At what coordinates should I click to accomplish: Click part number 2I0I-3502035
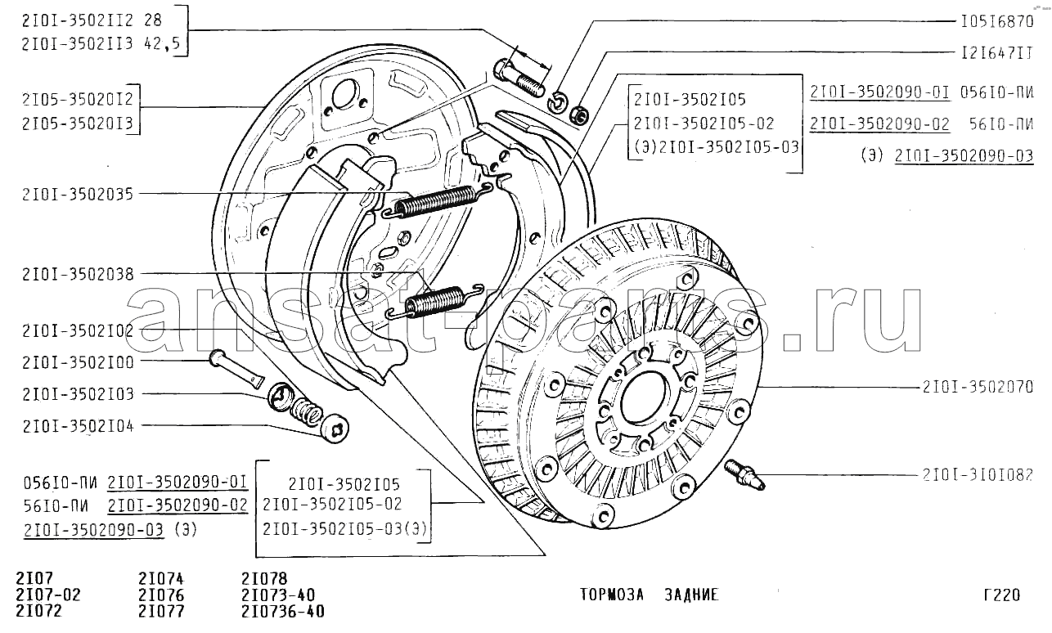click(x=78, y=194)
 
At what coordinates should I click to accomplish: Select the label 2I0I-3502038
click(x=79, y=274)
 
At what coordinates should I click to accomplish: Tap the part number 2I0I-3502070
click(x=978, y=387)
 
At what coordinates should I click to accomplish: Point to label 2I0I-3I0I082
click(x=978, y=474)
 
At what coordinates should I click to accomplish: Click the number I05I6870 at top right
click(x=997, y=21)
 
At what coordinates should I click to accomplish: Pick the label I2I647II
click(x=997, y=52)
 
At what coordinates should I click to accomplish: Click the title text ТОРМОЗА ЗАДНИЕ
click(x=650, y=595)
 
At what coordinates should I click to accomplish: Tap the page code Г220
click(x=1002, y=595)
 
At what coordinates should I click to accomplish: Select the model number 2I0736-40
click(x=283, y=612)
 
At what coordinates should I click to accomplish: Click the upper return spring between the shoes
click(x=437, y=201)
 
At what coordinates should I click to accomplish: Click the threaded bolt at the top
click(x=519, y=78)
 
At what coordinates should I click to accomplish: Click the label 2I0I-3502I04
click(x=78, y=426)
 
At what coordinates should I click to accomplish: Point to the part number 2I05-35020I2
click(x=78, y=99)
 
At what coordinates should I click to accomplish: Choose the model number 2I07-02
click(x=48, y=595)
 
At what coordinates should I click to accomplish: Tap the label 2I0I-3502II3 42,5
click(x=101, y=43)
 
